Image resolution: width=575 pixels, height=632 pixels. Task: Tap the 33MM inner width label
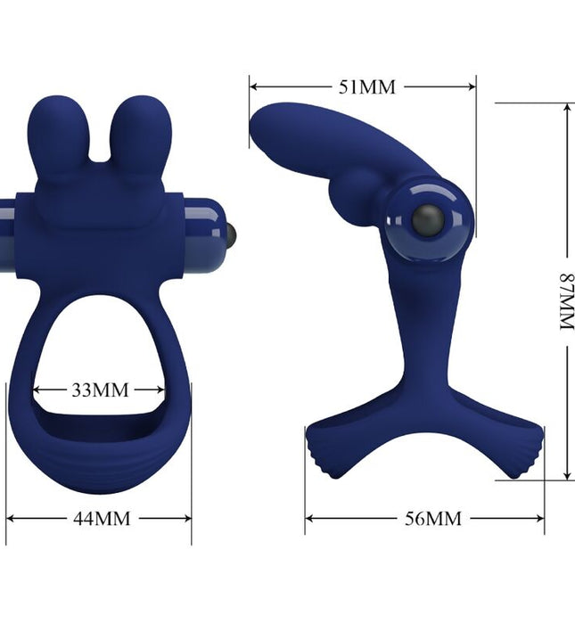(99, 390)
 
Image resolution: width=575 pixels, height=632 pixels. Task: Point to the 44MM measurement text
(101, 518)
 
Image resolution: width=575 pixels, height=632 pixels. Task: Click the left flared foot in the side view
(324, 450)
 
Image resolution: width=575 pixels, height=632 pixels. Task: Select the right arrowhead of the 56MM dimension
(540, 518)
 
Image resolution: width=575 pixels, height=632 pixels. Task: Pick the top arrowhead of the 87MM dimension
(565, 106)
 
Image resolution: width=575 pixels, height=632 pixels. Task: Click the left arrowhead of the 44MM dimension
(11, 518)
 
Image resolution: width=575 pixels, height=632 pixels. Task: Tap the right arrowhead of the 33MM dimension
(161, 390)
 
